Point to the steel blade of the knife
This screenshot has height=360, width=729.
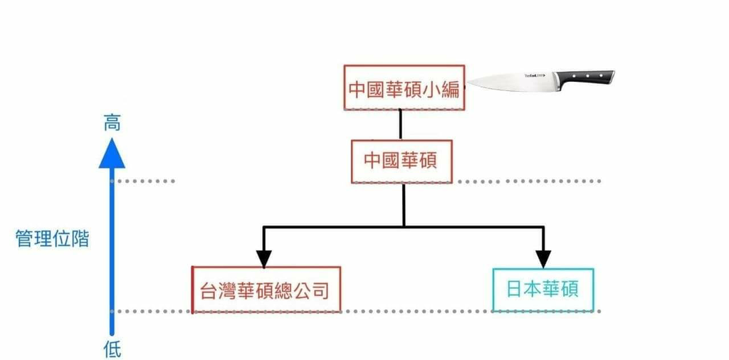pyautogui.click(x=511, y=81)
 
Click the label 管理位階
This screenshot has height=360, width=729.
pyautogui.click(x=52, y=238)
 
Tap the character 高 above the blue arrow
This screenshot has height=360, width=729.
pyautogui.click(x=112, y=124)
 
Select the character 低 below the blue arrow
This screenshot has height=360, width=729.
pyautogui.click(x=112, y=349)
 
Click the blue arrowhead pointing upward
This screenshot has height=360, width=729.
pyautogui.click(x=112, y=154)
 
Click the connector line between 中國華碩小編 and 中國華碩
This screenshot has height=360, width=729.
pyautogui.click(x=400, y=125)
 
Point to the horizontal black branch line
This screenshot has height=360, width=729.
pyautogui.click(x=404, y=227)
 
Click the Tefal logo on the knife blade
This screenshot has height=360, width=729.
pyautogui.click(x=535, y=75)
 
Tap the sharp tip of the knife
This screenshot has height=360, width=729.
pyautogui.click(x=468, y=84)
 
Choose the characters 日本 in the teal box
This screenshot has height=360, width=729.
pyautogui.click(x=524, y=290)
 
